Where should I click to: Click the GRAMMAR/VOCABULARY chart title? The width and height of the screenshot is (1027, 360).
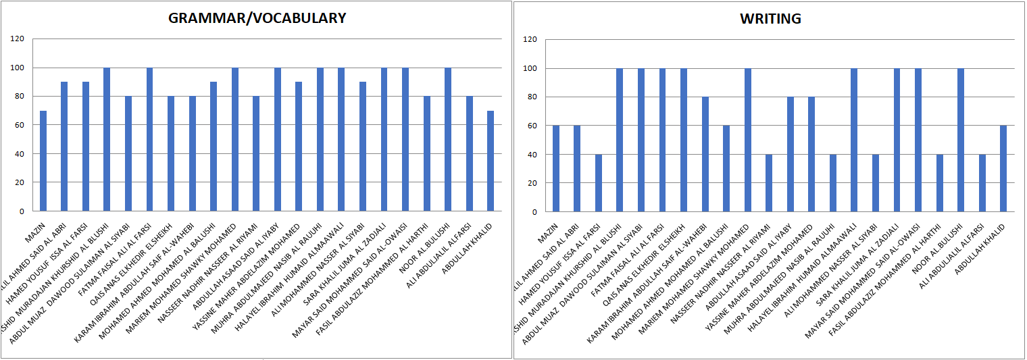[x=257, y=18]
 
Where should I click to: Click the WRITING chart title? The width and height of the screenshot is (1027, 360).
[x=770, y=19]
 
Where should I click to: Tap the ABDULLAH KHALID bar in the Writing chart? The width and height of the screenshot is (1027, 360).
[x=1004, y=168]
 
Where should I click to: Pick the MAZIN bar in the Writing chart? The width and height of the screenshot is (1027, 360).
[x=556, y=168]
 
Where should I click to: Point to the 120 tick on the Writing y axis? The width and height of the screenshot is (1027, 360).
[x=530, y=40]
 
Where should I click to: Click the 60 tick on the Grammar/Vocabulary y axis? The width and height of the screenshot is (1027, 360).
[x=18, y=125]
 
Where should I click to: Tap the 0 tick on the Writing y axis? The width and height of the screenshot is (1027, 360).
[x=534, y=211]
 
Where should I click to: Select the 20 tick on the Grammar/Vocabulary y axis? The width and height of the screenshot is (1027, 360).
[x=18, y=182]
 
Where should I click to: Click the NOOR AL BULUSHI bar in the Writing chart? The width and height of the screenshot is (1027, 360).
[x=961, y=140]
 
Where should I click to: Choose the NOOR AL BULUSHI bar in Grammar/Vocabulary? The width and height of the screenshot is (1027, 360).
[x=448, y=139]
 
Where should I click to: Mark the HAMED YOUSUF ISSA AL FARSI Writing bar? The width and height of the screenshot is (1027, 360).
[x=599, y=182]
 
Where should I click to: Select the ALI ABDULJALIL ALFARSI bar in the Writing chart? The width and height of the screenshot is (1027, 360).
[x=982, y=182]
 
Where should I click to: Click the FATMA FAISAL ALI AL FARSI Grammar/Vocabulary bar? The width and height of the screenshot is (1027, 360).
[x=150, y=139]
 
